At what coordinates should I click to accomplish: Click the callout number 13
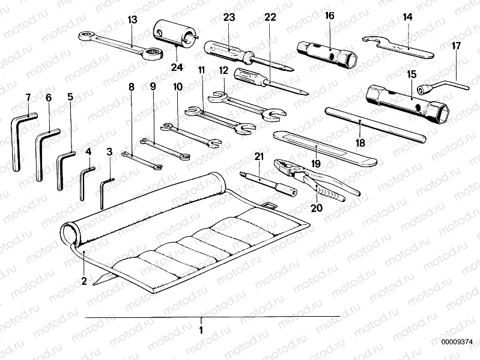133,20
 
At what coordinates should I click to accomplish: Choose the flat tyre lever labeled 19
324,147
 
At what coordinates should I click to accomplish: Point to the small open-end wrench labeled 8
142,160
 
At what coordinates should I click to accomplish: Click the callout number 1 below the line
201,330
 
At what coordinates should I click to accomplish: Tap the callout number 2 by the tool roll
84,280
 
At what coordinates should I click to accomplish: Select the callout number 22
270,17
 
